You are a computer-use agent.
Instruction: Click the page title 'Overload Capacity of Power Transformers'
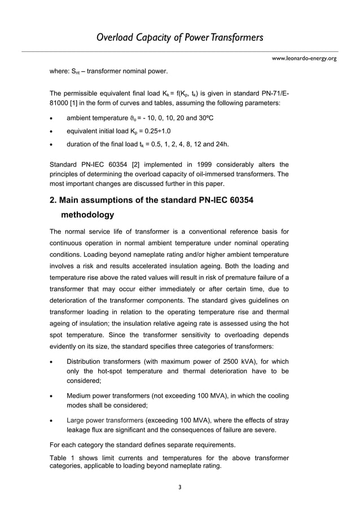pos(179,38)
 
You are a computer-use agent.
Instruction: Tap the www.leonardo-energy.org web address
pos(304,58)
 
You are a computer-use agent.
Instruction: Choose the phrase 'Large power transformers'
pos(105,420)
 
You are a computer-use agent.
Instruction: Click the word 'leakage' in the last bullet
pos(81,430)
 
